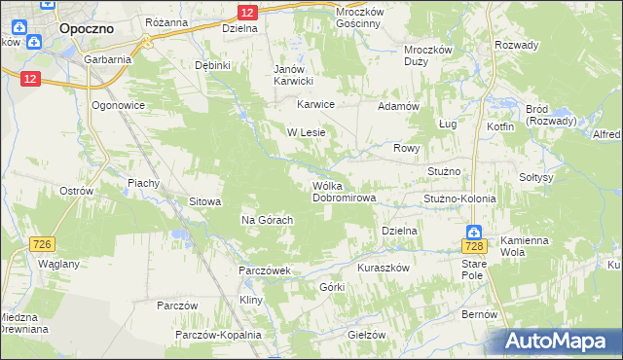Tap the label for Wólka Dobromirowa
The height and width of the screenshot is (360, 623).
click(343, 192)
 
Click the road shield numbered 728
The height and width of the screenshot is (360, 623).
click(473, 249)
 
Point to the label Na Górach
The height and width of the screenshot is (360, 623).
click(268, 220)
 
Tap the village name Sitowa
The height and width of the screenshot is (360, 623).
click(205, 201)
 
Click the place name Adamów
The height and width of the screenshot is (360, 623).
click(398, 105)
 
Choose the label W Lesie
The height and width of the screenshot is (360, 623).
click(305, 131)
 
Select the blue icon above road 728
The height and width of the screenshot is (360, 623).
click(473, 233)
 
